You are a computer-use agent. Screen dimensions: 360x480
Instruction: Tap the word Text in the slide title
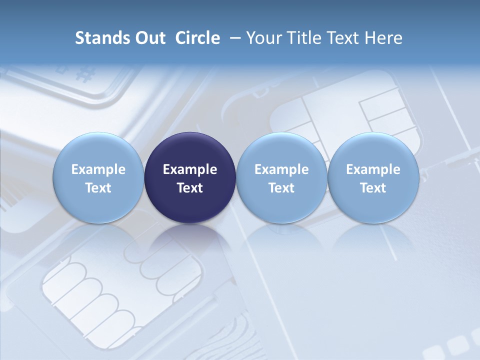[341, 38]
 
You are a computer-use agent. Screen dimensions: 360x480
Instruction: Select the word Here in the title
[383, 38]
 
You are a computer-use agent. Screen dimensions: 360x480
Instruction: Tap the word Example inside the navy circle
[190, 169]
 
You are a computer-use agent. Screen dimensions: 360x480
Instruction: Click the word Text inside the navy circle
[190, 188]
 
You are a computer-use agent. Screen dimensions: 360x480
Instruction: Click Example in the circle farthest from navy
[373, 169]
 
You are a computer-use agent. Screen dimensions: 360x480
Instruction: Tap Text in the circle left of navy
[98, 188]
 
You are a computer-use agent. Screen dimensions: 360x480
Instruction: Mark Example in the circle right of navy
[281, 169]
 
